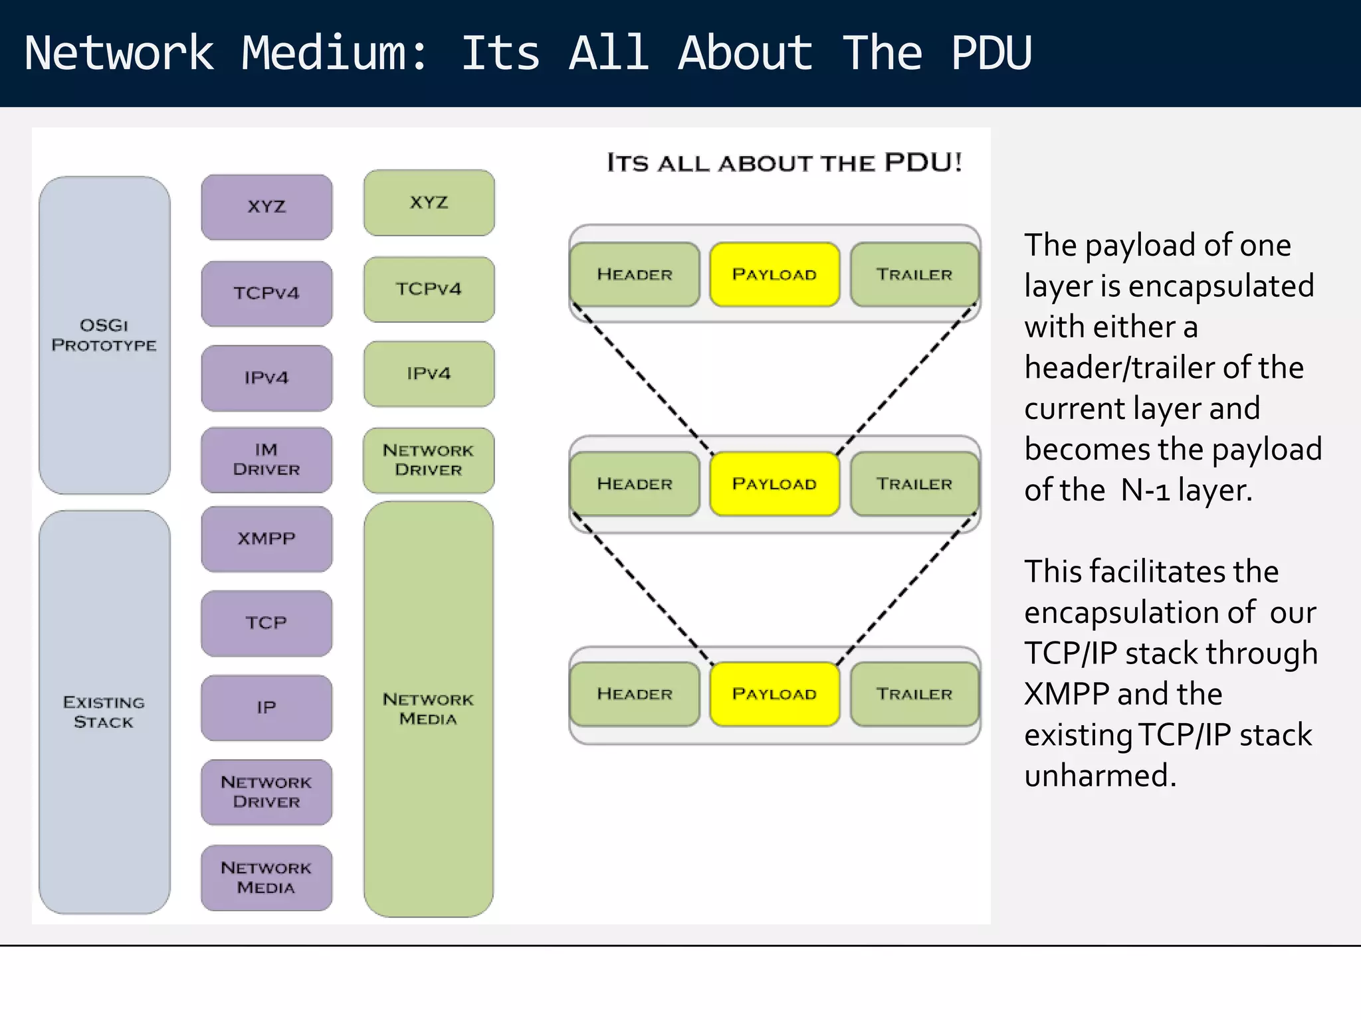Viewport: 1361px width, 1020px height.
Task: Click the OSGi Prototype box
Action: click(104, 335)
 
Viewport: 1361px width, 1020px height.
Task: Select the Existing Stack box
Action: click(104, 712)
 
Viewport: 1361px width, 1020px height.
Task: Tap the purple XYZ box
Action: click(266, 207)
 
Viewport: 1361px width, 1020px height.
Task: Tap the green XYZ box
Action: click(429, 203)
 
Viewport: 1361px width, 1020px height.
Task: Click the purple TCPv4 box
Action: click(266, 293)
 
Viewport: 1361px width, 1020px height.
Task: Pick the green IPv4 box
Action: click(429, 373)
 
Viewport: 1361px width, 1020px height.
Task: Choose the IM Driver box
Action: click(266, 460)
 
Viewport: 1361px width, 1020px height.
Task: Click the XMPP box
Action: click(266, 539)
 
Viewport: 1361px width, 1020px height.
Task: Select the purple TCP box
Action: click(266, 623)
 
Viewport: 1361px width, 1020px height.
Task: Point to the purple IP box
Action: click(266, 707)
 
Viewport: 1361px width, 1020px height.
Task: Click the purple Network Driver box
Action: click(266, 792)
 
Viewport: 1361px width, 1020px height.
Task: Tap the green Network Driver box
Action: click(429, 460)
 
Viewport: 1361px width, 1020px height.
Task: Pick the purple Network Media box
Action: click(266, 877)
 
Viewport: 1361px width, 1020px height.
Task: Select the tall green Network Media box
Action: click(429, 709)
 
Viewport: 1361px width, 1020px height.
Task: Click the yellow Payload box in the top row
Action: click(774, 274)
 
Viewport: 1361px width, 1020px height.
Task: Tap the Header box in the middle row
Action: click(635, 483)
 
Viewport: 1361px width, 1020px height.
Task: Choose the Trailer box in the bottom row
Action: click(914, 693)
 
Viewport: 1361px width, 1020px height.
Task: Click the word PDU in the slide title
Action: click(991, 53)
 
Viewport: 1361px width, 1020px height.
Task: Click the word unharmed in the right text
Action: click(1100, 776)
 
